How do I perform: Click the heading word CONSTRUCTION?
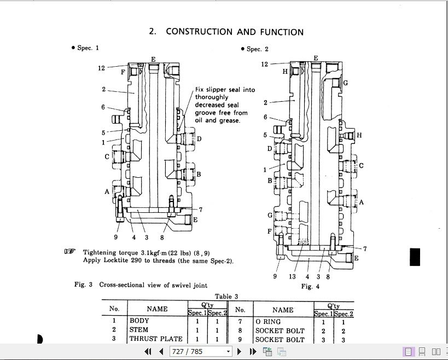click(199, 31)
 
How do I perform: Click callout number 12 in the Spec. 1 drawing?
click(101, 68)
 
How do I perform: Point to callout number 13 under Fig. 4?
click(292, 276)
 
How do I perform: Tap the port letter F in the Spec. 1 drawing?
click(123, 72)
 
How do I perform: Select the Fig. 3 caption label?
click(84, 284)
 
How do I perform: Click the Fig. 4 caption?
click(310, 286)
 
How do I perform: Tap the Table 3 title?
click(226, 297)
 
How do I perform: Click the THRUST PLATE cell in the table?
click(156, 339)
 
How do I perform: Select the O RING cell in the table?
click(268, 322)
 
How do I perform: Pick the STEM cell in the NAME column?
click(138, 330)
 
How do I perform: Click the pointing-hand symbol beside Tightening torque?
click(70, 252)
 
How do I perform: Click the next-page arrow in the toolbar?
click(240, 351)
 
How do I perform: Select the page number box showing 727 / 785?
click(201, 351)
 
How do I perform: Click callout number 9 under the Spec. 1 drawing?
click(116, 237)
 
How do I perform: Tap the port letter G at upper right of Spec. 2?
click(345, 83)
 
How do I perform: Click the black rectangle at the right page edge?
click(415, 257)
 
